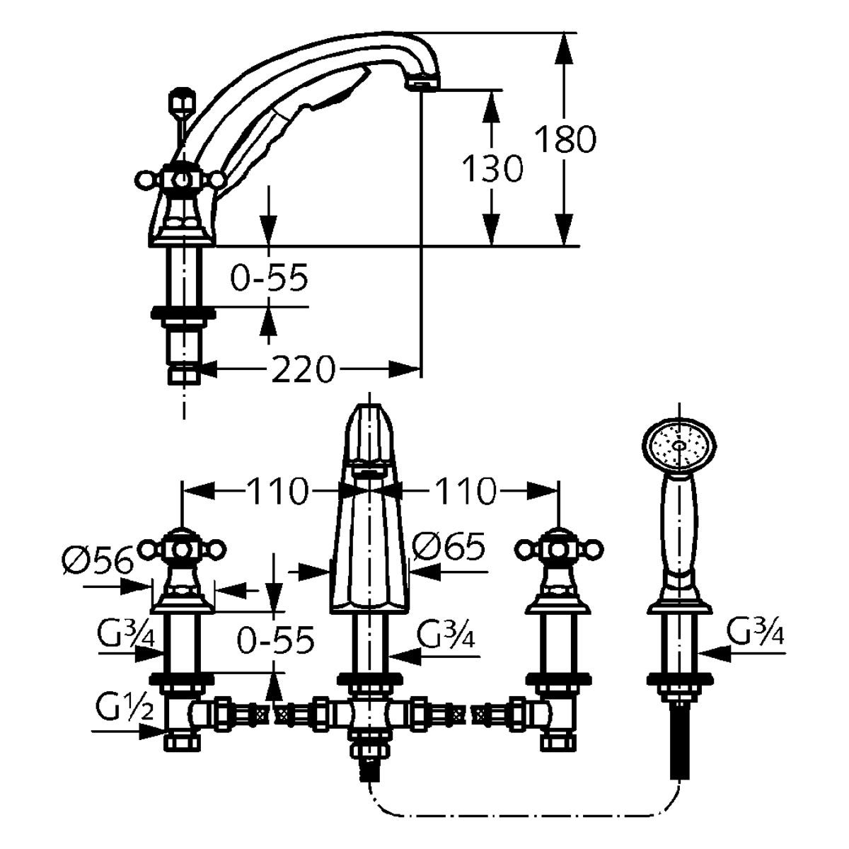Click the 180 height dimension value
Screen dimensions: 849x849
565,139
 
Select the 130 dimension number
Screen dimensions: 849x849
492,170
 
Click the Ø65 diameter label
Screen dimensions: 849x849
449,546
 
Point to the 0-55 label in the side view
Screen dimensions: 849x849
271,279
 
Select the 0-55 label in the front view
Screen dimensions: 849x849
275,641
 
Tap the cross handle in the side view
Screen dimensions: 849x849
182,181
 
